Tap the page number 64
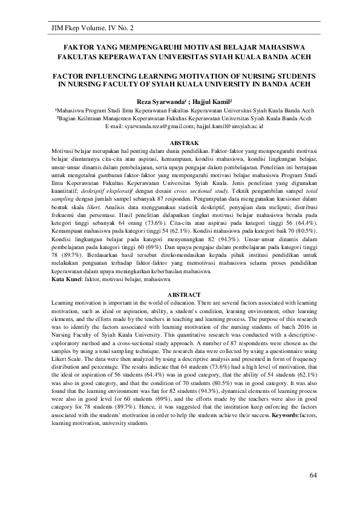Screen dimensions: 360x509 [x=313, y=476]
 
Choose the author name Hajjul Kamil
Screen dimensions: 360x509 [x=209, y=102]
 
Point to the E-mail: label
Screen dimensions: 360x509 [x=118, y=127]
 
